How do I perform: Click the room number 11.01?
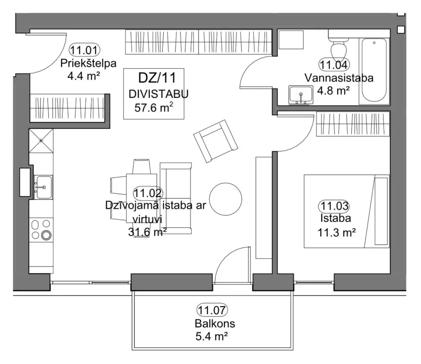tap(85, 50)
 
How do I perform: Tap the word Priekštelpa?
tap(88, 63)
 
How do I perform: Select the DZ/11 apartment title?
tap(157, 78)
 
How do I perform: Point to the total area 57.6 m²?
tap(154, 107)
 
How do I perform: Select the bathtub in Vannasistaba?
tap(374, 70)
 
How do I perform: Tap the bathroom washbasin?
tap(301, 95)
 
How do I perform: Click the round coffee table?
tap(226, 199)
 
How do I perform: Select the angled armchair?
tap(215, 141)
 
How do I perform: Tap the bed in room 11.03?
tap(346, 211)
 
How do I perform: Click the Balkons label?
tap(215, 324)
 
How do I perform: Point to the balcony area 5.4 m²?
tap(212, 336)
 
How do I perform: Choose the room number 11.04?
tap(334, 65)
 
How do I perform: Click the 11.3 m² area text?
tap(337, 232)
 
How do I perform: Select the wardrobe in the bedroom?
tap(353, 124)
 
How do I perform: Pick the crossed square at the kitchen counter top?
tap(41, 141)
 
